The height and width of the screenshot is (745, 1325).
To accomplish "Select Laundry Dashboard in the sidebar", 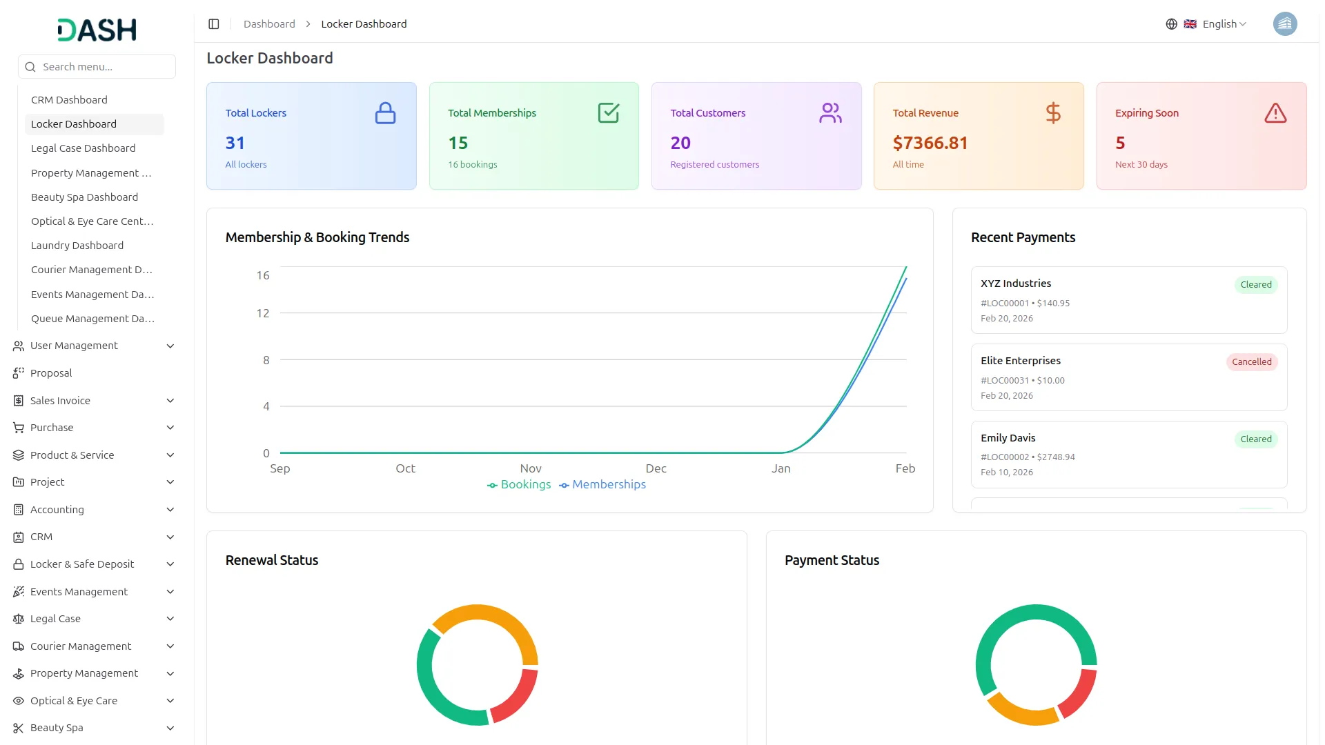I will pos(77,246).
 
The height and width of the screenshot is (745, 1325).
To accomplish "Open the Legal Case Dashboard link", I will pos(83,148).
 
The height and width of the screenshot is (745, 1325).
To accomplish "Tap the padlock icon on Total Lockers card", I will pos(385,113).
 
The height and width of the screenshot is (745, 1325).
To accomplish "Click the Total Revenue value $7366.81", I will pos(930,143).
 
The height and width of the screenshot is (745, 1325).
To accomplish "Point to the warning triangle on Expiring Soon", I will pos(1275,113).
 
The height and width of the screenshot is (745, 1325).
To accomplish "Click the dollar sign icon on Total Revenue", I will pos(1052,113).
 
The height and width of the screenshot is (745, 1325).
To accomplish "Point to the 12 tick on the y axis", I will pos(263,314).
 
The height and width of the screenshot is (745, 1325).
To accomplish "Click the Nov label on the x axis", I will pos(530,469).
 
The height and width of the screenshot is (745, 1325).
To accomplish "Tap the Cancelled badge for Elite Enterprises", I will pos(1251,362).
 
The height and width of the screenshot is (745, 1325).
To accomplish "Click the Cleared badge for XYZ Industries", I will pos(1255,285).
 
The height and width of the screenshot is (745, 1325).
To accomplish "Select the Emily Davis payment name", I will pos(1008,438).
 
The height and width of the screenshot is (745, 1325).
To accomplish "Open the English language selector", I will pos(1218,24).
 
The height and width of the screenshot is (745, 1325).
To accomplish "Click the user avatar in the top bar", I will pos(1284,24).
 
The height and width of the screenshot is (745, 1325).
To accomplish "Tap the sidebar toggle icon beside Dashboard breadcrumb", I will pos(214,24).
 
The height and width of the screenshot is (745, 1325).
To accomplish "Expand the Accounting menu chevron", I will pos(170,510).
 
